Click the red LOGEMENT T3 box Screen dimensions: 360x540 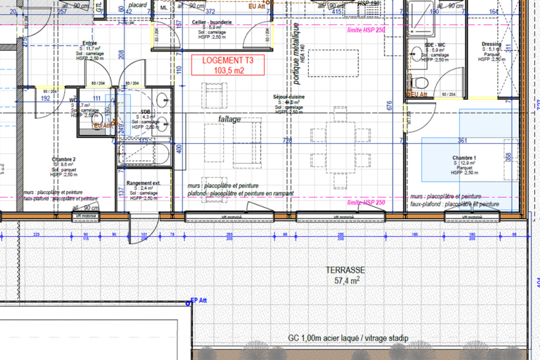tap(227, 65)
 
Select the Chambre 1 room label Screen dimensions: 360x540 tap(464, 158)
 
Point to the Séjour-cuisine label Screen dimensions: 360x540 tap(288, 97)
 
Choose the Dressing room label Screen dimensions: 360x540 tap(491, 44)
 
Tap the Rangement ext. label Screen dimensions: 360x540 tap(144, 183)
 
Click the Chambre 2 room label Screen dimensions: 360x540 tap(63, 159)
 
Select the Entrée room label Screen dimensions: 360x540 tap(90, 43)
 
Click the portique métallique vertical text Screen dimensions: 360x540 tap(297, 54)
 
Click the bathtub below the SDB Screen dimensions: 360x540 tap(145, 154)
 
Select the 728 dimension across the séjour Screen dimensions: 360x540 tap(288, 140)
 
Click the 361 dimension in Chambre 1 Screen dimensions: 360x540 tap(463, 140)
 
